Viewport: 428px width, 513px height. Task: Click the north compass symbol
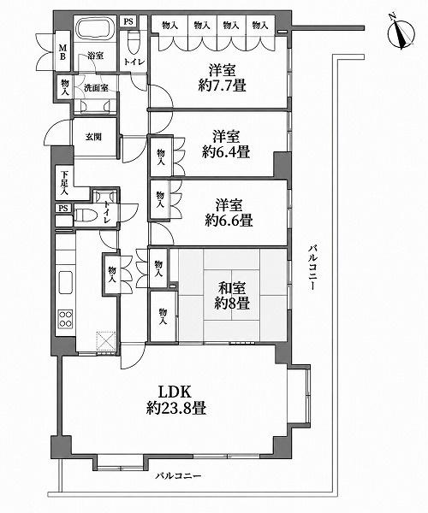click(x=401, y=33)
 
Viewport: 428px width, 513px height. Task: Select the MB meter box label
click(x=62, y=51)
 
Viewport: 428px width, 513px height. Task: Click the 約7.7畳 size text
click(x=222, y=86)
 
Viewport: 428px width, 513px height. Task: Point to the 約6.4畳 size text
click(x=226, y=152)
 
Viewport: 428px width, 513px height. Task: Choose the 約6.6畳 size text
click(x=229, y=221)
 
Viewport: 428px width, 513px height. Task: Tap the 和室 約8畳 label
click(x=232, y=296)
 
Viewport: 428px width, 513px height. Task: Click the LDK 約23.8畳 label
click(x=175, y=400)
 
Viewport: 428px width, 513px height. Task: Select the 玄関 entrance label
click(x=93, y=137)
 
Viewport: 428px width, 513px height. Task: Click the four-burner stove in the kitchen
click(x=66, y=319)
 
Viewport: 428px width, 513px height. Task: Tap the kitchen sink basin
click(x=66, y=282)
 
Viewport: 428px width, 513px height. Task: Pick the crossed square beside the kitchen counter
click(x=106, y=341)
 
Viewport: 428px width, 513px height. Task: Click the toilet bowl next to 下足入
click(x=85, y=215)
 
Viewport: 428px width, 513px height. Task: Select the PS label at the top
click(x=128, y=21)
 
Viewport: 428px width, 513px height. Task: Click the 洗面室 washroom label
click(x=96, y=88)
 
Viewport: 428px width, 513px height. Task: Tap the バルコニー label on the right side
click(x=312, y=268)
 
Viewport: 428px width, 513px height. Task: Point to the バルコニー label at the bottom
click(x=178, y=475)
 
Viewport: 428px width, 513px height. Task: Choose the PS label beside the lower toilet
click(x=63, y=208)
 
